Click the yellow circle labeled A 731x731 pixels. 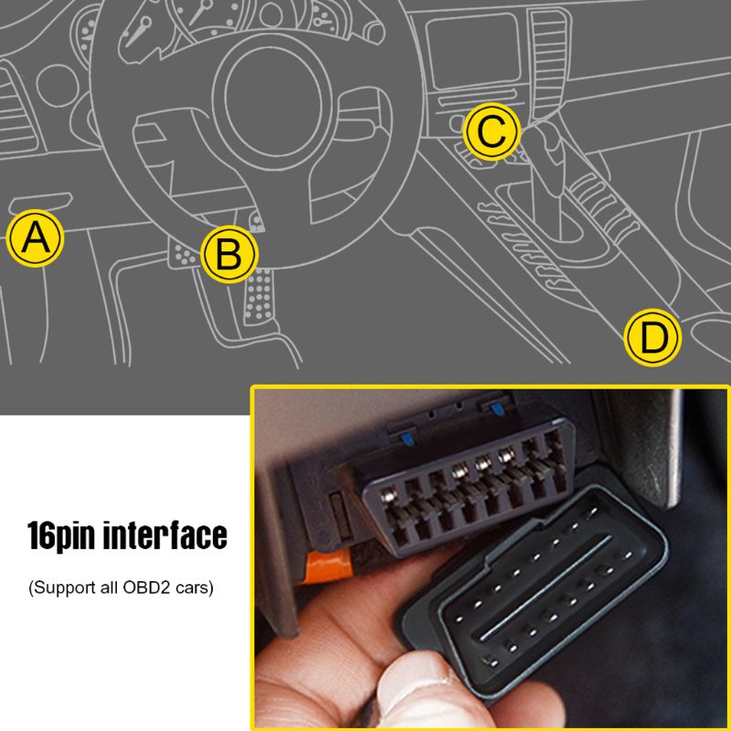pyautogui.click(x=35, y=239)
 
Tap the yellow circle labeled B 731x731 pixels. pyautogui.click(x=229, y=254)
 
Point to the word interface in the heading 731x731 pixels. pyautogui.click(x=168, y=536)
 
